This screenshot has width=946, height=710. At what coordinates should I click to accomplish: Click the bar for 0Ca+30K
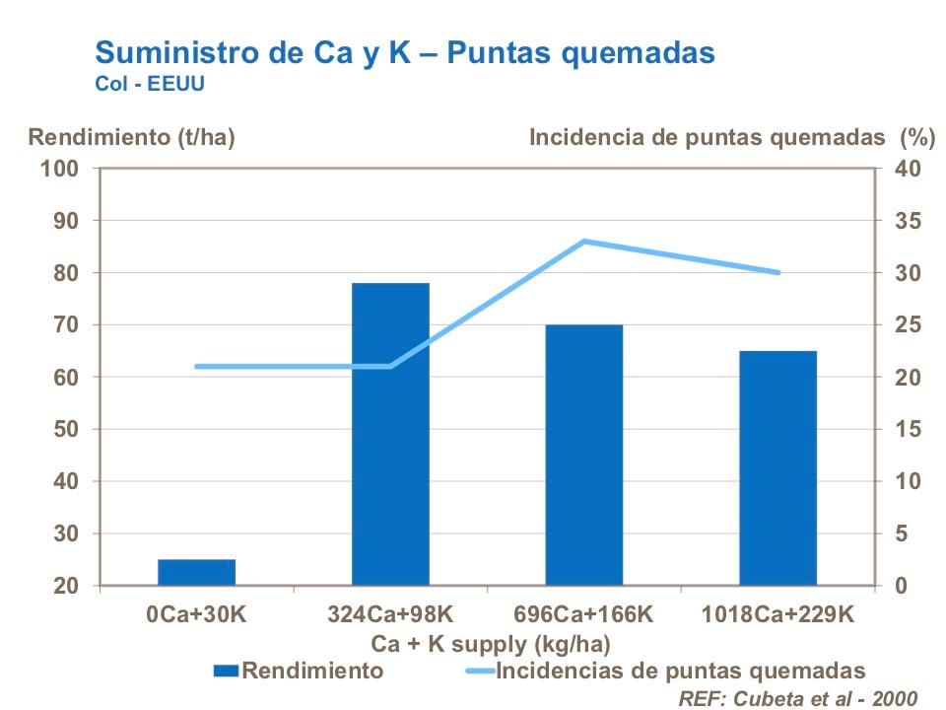coord(196,573)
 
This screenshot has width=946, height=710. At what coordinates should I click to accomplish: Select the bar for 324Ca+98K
coord(390,434)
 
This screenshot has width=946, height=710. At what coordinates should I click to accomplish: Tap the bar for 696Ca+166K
coord(584,455)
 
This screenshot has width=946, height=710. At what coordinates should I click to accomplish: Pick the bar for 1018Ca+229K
coord(778,467)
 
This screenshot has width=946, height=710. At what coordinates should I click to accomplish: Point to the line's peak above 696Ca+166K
coord(584,241)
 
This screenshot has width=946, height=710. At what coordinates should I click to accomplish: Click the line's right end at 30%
coord(778,272)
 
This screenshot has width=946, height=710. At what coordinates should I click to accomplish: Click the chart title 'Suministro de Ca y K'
coord(404,52)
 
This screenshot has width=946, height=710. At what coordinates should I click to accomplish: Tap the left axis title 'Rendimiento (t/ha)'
coord(131,137)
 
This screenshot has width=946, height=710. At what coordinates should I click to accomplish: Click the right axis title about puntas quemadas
coord(724,137)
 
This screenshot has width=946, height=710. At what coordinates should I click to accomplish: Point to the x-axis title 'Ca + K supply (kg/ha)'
coord(490,644)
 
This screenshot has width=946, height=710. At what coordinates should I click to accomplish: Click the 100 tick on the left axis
coord(58,168)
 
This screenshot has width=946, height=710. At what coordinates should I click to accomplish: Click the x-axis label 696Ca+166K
coord(584,614)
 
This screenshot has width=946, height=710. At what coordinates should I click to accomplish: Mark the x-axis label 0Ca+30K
coord(196,614)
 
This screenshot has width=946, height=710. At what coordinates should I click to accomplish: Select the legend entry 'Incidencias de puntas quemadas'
coord(681,672)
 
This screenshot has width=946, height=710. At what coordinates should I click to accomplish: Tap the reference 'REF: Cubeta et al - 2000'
coord(797,697)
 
